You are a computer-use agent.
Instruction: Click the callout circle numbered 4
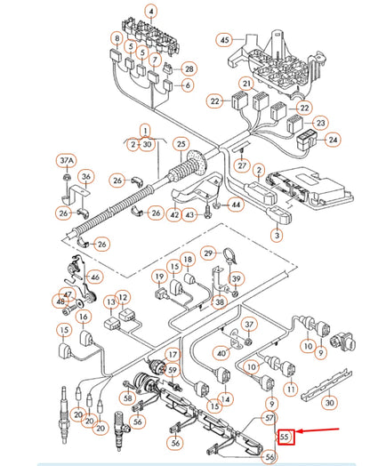[x=151, y=12]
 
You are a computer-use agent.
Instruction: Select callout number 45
[x=224, y=39]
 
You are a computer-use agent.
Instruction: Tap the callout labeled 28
[x=188, y=68]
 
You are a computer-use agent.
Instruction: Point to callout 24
[x=333, y=140]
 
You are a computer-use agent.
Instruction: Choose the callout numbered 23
[x=321, y=124]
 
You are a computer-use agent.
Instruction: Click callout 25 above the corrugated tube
[x=181, y=143]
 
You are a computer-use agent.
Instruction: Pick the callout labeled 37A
[x=66, y=161]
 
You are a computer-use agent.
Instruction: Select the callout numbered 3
[x=277, y=235]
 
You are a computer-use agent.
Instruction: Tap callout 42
[x=175, y=213]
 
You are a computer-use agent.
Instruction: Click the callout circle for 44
[x=235, y=205]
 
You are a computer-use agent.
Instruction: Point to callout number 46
[x=95, y=277]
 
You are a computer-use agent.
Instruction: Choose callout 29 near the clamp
[x=207, y=253]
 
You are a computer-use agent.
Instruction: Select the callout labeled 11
[x=289, y=388]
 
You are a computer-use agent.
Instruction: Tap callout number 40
[x=221, y=352]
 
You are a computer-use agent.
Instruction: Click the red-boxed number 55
[x=286, y=437]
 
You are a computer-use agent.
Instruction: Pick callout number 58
[x=127, y=399]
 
